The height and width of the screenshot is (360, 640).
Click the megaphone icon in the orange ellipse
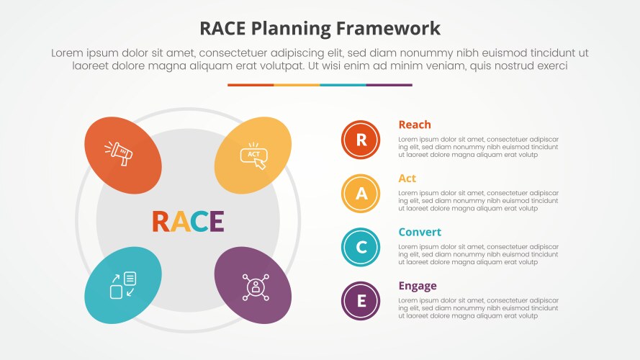coord(120,153)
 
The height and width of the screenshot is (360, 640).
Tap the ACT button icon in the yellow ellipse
coord(253,156)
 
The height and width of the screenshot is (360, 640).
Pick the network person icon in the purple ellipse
coord(253,287)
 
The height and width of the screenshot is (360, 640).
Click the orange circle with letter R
coord(361,140)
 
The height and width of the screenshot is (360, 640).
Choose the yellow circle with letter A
coord(361,193)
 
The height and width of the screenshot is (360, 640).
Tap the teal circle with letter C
coord(361,247)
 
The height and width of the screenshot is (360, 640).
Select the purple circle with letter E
coord(361,301)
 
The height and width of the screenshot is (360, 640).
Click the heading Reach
coord(415,125)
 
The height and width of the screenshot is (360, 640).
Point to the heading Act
coord(407,179)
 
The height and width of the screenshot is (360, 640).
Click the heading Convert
coord(420,232)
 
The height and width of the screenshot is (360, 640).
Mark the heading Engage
coord(418,286)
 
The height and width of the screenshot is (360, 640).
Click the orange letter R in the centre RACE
coord(161,222)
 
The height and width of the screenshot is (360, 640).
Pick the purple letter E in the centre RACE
coord(215,222)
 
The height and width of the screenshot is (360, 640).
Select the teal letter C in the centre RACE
coord(198,222)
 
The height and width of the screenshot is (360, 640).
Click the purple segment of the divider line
coord(389,85)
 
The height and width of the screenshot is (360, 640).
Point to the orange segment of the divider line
coord(251,85)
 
